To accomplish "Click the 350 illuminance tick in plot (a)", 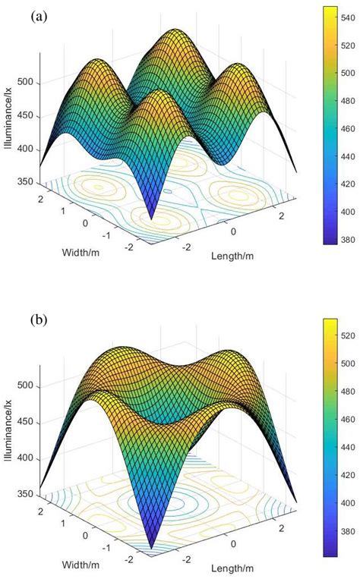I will coord(24,183).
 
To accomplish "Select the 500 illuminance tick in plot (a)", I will coord(24,83).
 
